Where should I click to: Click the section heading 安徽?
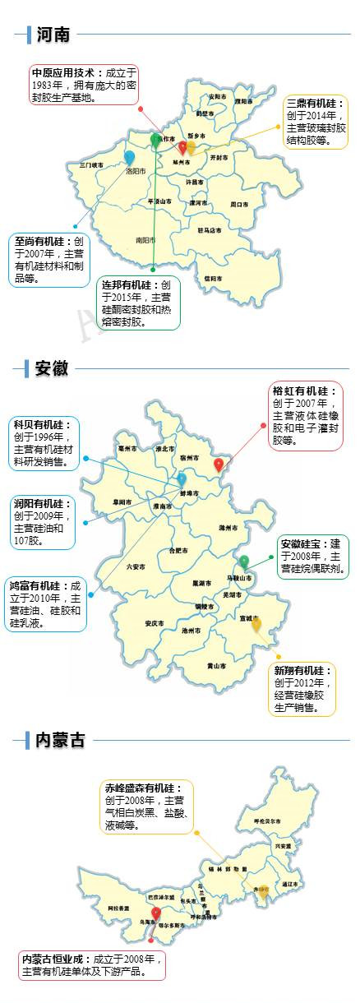coord(51,368)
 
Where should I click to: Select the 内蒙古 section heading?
coord(60,740)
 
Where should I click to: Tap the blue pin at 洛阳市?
coord(129,158)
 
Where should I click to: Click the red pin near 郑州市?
coord(182,147)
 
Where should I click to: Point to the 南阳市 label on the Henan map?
coord(145,241)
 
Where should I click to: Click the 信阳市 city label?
coord(212,279)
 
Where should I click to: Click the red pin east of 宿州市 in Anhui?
coord(219,465)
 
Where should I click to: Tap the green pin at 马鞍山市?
coord(244,562)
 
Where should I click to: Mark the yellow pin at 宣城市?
coord(256,625)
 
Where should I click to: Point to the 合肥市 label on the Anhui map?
coord(178,551)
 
